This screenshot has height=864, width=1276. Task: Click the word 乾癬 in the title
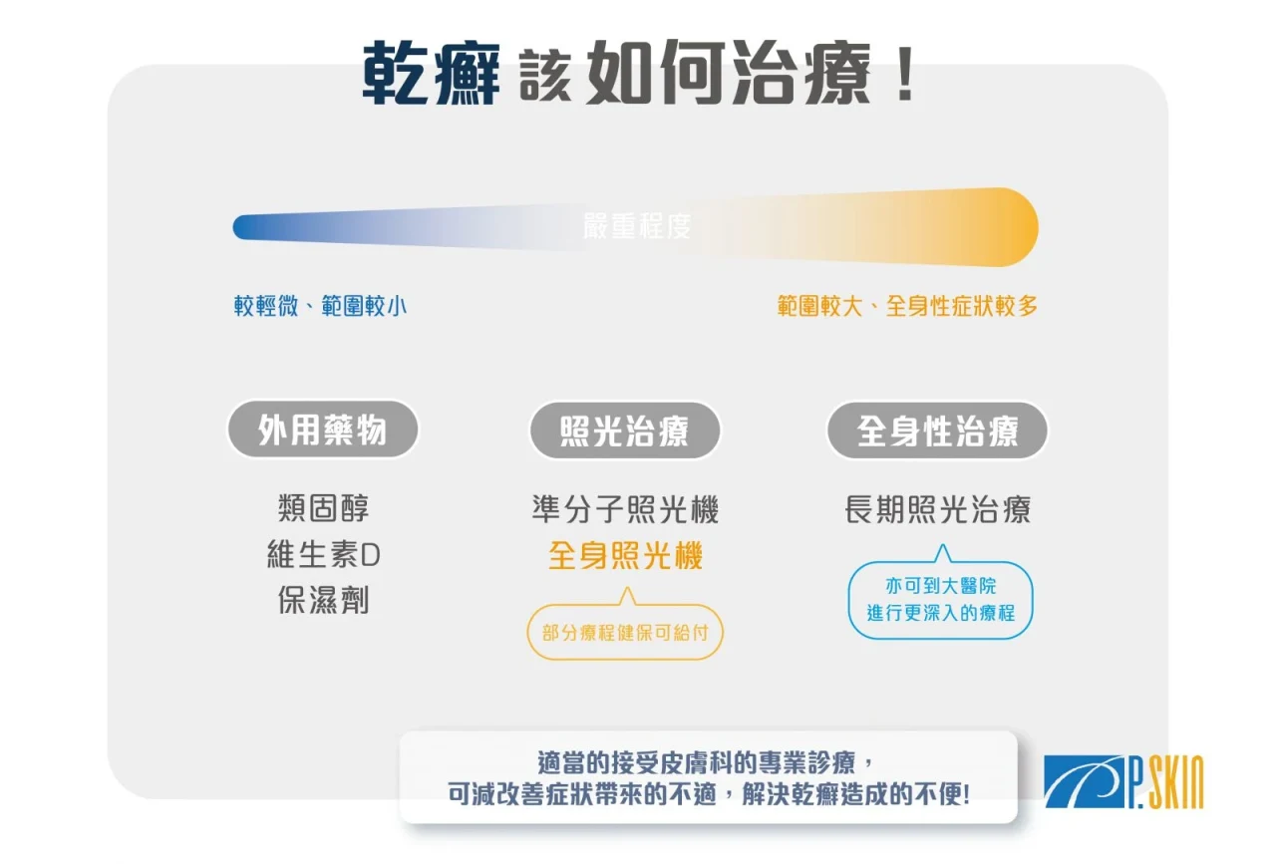point(432,74)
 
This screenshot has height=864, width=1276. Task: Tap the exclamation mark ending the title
point(904,74)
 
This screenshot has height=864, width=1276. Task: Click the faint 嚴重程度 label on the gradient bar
point(637,226)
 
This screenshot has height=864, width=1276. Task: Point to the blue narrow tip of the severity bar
point(239,226)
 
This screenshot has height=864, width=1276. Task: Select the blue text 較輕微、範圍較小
point(320,306)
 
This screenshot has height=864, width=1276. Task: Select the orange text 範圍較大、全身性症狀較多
point(907,306)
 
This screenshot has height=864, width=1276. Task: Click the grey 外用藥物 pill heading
point(322,430)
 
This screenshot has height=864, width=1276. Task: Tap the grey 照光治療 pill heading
point(625,431)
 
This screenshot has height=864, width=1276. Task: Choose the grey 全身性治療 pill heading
point(937,431)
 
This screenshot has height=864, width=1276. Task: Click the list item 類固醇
point(323,508)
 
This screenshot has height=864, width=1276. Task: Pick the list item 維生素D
point(323,554)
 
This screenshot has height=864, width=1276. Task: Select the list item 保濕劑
point(323,600)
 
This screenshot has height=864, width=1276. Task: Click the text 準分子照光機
point(625,509)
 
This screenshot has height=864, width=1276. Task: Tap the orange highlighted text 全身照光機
point(625,555)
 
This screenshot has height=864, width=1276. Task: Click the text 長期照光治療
point(937,509)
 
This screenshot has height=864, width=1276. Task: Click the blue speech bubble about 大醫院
point(940,599)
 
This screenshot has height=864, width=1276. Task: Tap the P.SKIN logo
point(1123,781)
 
